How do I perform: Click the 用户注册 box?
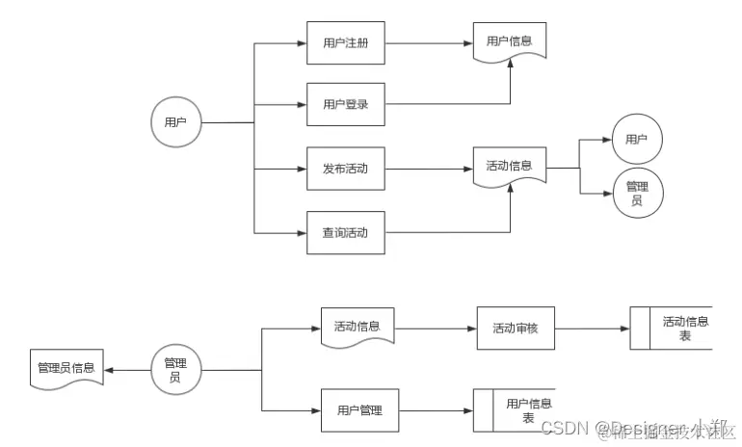point(345,43)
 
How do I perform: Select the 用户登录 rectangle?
point(345,104)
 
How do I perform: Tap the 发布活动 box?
point(345,169)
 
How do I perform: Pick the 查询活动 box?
point(345,232)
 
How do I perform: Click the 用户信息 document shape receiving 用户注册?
point(510,41)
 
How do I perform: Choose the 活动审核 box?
point(516,329)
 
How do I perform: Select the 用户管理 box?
point(359,411)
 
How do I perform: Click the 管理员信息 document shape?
point(66,369)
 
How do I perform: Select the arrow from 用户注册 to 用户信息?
point(428,43)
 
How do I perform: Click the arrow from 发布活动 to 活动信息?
point(428,169)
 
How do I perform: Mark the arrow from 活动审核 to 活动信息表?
point(592,329)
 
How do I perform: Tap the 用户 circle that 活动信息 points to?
point(636,140)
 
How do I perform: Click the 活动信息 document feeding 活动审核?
point(358,327)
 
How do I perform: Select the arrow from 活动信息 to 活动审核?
point(436,329)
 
